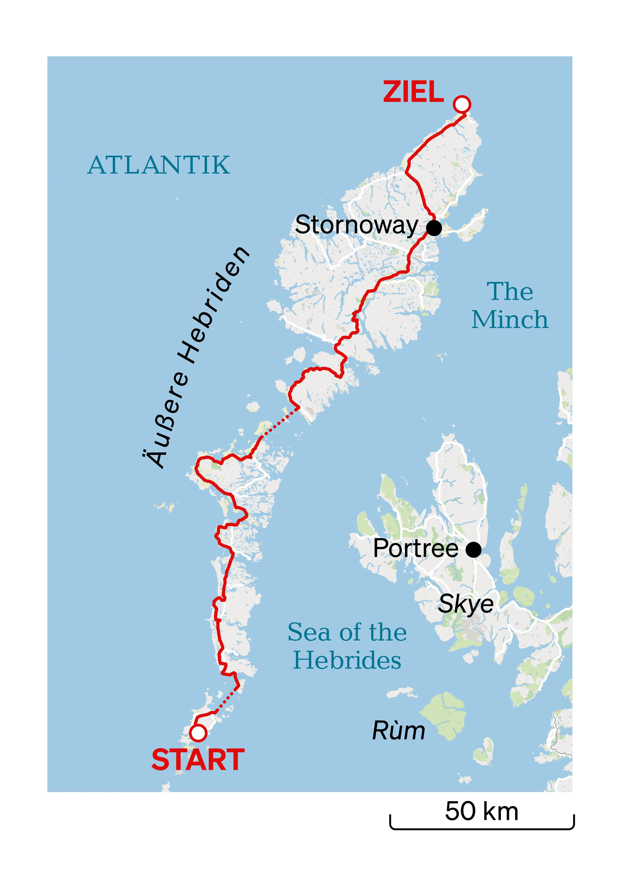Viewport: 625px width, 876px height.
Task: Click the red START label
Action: (x=198, y=760)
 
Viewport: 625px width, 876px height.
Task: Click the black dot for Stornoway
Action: (x=434, y=228)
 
